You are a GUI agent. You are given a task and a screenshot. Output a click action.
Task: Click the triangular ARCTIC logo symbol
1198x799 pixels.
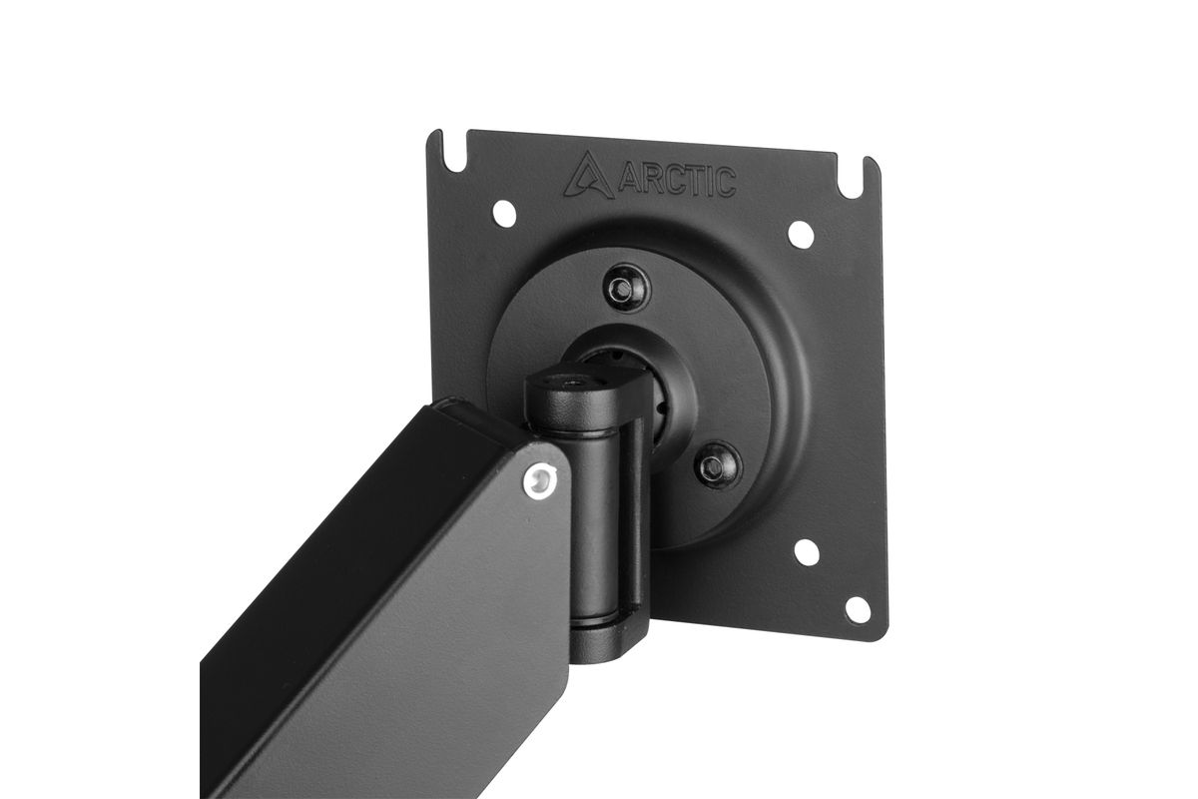(x=587, y=176)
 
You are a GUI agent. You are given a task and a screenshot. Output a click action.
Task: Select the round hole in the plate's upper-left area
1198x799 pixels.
(x=504, y=212)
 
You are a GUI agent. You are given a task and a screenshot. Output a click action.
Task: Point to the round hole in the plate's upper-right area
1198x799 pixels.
(x=801, y=234)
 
